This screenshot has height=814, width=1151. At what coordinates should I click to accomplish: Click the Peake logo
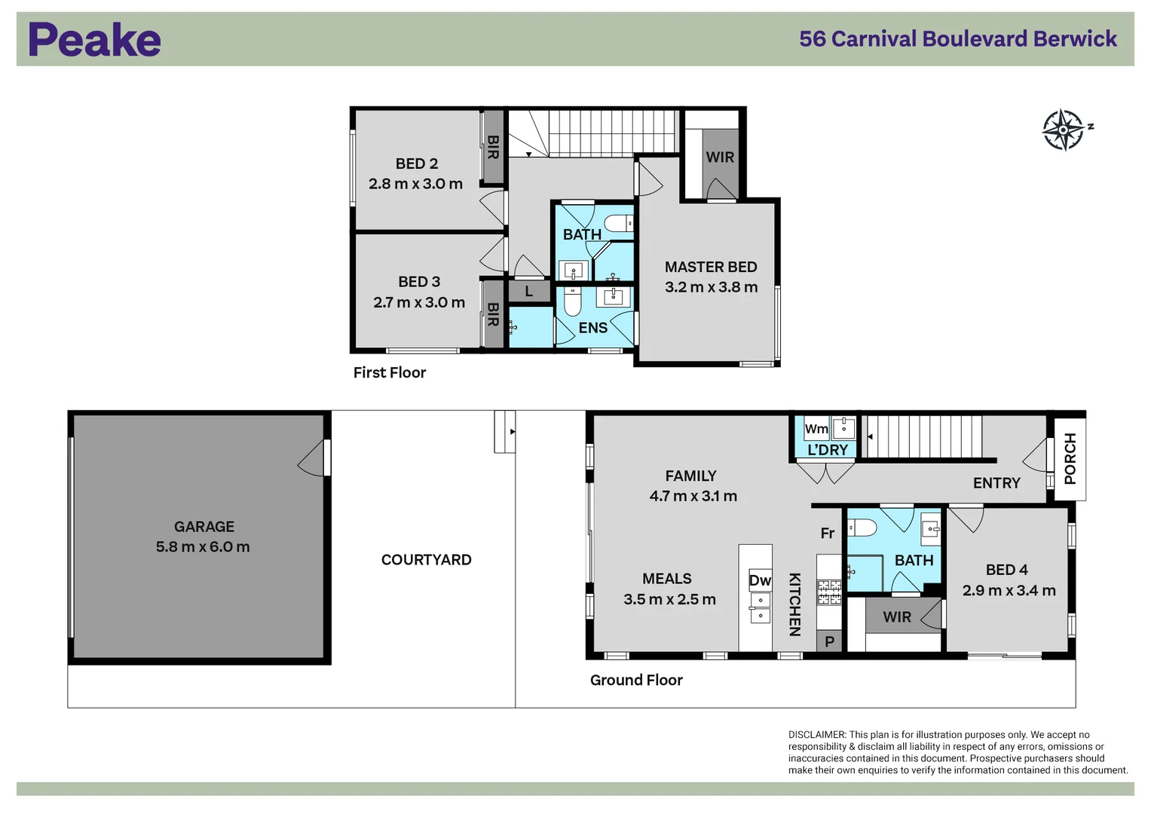point(94,40)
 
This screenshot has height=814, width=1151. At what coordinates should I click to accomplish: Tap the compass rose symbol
point(1064,130)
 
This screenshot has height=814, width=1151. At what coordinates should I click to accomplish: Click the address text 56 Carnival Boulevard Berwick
point(957,39)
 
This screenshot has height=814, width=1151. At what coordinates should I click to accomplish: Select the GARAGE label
point(204,527)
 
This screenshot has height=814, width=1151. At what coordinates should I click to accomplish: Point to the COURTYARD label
point(426,560)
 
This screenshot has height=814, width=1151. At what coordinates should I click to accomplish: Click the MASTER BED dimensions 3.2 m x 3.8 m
point(711,287)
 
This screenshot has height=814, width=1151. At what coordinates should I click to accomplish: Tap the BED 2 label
point(416,164)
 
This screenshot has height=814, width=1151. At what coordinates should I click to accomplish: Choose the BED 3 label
point(419,282)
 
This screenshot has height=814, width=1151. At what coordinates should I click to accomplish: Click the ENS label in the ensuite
point(592,328)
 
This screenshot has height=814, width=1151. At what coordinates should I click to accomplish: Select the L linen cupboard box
point(529,291)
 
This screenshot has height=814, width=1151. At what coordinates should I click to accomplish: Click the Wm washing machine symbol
point(816,429)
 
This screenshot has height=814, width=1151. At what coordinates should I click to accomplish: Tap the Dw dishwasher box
point(759,580)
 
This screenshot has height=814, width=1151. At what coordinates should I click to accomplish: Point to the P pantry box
point(829,641)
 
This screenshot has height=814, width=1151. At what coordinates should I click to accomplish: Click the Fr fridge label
point(827,534)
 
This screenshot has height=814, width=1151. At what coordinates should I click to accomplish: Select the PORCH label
point(1070,458)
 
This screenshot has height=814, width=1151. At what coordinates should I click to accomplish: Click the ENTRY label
point(996,483)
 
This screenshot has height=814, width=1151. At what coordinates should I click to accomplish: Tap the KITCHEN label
point(794,604)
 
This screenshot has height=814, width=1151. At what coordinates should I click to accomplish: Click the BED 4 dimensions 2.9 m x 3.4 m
point(1009,591)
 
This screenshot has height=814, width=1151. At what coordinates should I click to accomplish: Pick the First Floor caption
point(390,372)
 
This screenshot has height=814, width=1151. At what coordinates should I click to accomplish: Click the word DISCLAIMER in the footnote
point(817,734)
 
